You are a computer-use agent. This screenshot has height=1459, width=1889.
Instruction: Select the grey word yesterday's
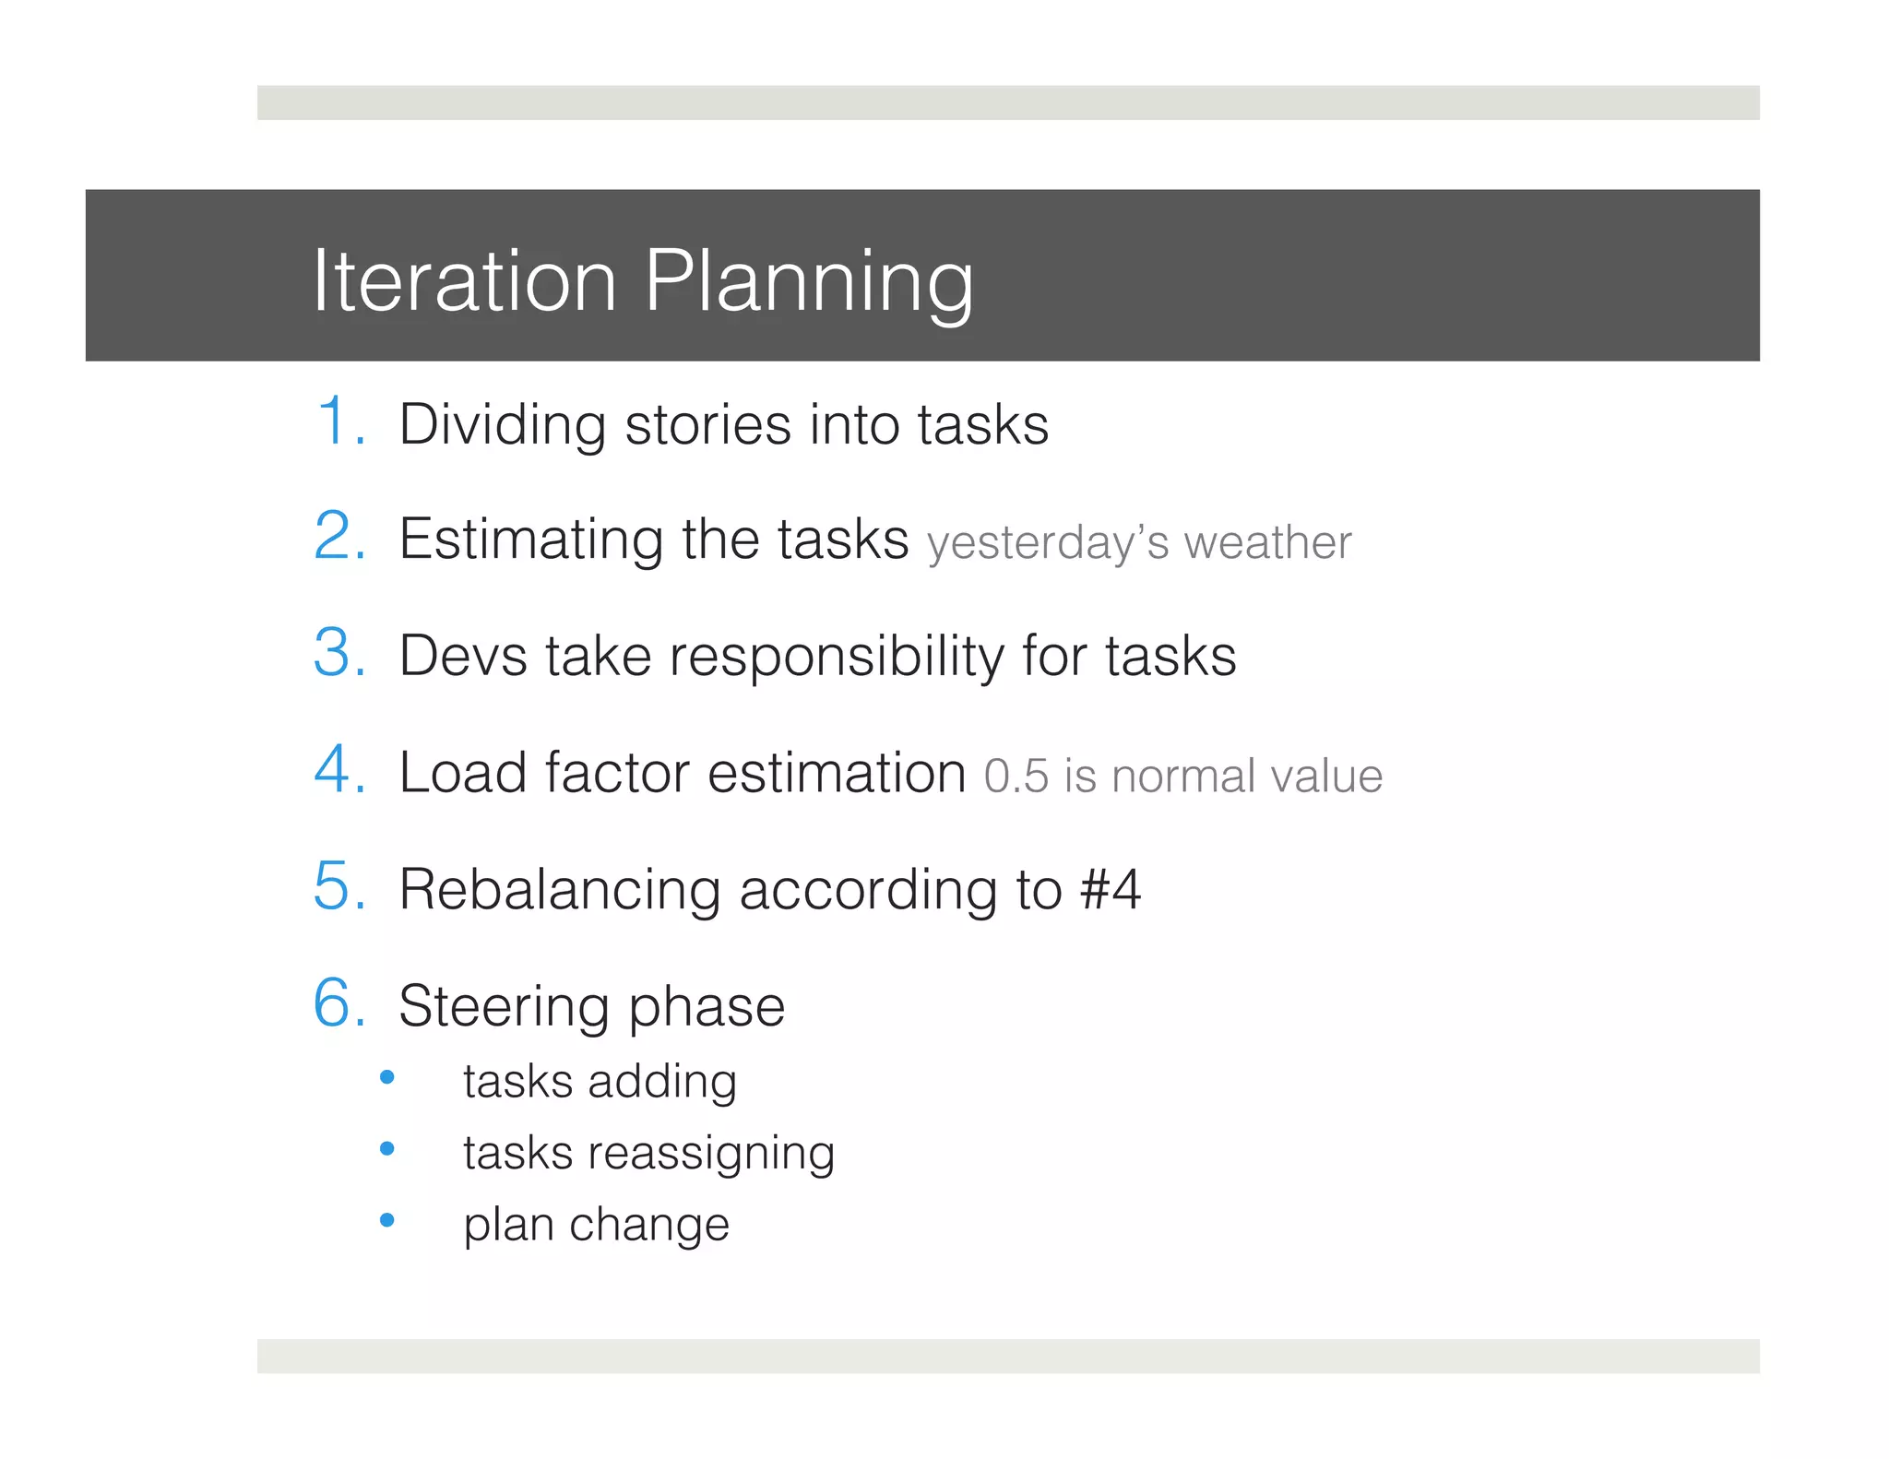(1048, 544)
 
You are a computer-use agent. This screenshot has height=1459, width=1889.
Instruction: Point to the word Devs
(462, 657)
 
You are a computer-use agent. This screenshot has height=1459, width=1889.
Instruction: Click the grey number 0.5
(1016, 777)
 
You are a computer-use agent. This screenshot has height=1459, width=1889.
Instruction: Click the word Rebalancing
(559, 890)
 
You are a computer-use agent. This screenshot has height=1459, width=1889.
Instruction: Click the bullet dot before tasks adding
(387, 1077)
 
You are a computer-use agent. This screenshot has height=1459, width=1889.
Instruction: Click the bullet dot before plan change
(387, 1220)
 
